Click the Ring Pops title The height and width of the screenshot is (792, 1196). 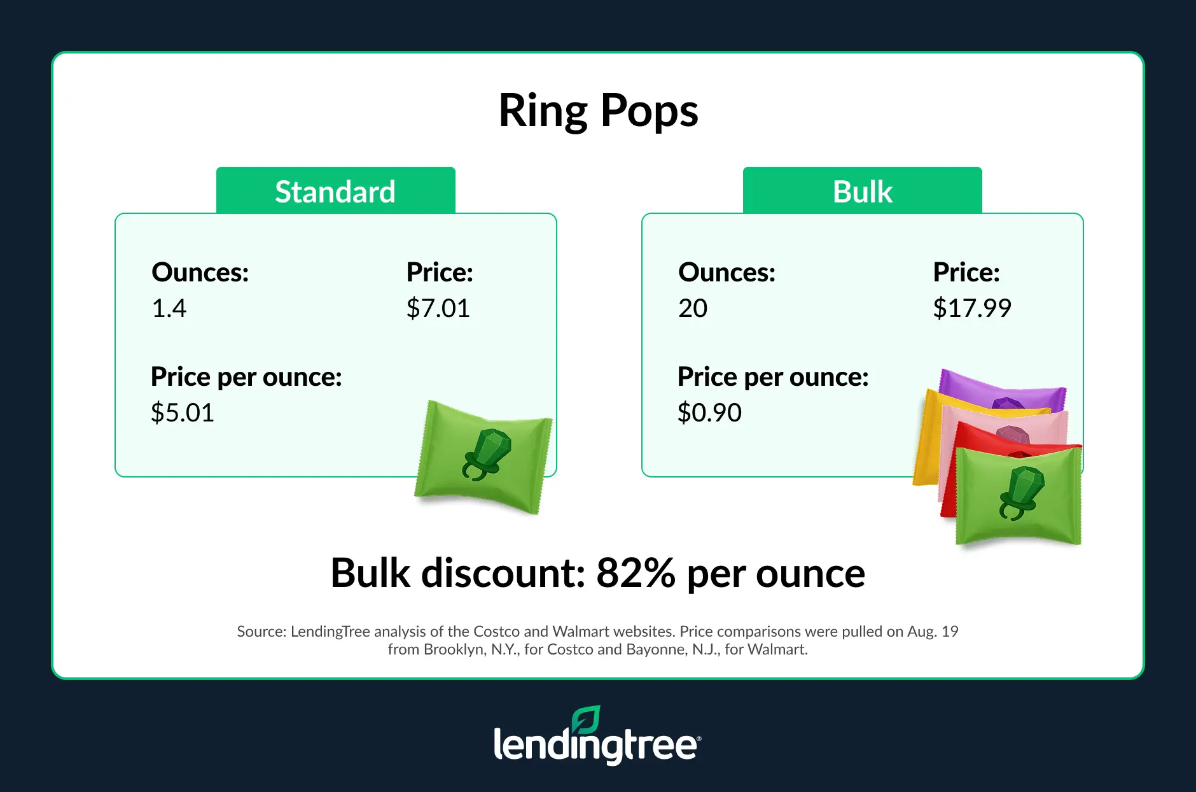click(598, 111)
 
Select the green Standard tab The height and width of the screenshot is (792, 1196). click(336, 190)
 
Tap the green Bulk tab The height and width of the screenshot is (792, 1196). click(863, 190)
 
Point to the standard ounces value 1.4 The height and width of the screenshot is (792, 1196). click(169, 308)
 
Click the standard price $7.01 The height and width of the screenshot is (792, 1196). click(438, 308)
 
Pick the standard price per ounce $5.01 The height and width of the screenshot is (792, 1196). click(183, 413)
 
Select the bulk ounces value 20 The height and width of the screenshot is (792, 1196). click(693, 308)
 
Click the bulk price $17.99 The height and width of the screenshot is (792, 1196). click(972, 308)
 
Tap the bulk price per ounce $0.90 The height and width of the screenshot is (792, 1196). click(709, 413)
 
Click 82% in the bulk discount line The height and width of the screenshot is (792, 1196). click(636, 573)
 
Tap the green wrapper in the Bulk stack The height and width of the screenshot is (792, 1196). click(1019, 495)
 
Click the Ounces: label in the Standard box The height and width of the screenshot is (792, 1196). click(200, 272)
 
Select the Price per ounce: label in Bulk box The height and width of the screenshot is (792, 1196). click(773, 378)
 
